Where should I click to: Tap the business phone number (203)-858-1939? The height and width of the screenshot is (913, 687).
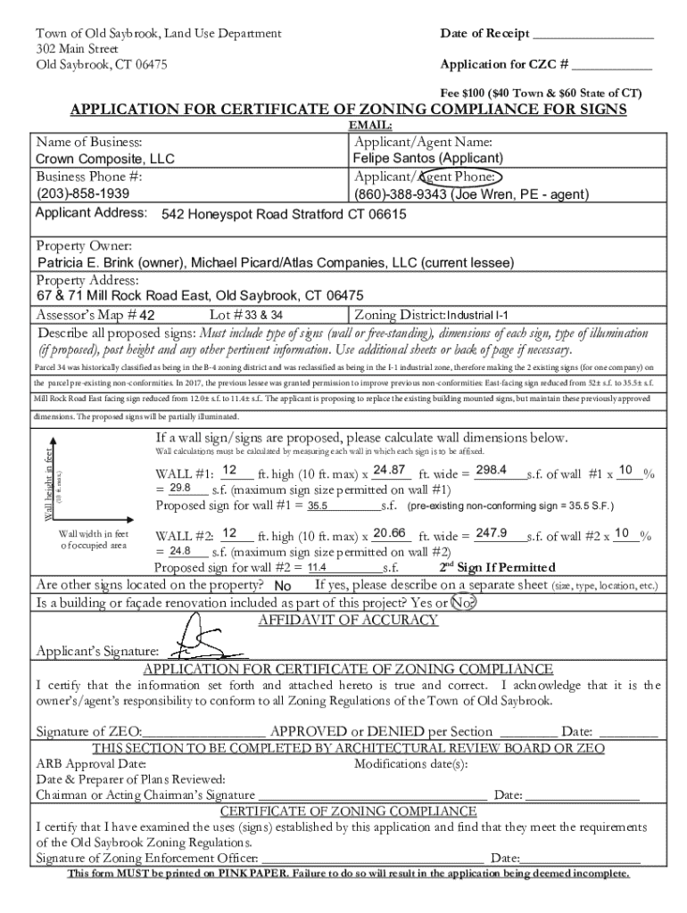pyautogui.click(x=82, y=193)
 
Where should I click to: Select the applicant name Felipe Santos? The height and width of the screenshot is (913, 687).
pyautogui.click(x=426, y=159)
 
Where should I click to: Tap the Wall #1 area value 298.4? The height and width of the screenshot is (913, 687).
pyautogui.click(x=492, y=471)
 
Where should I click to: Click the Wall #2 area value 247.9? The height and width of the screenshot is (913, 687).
pyautogui.click(x=492, y=533)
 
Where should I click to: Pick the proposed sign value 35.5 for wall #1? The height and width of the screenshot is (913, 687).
pyautogui.click(x=319, y=506)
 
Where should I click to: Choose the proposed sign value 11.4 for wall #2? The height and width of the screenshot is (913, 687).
pyautogui.click(x=319, y=568)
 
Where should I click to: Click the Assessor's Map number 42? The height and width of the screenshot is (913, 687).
pyautogui.click(x=148, y=316)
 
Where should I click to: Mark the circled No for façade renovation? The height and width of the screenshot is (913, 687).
pyautogui.click(x=461, y=603)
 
